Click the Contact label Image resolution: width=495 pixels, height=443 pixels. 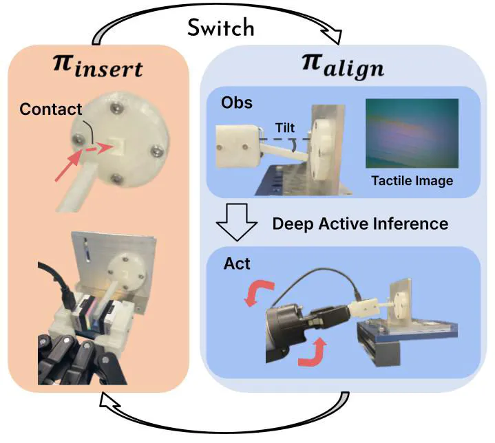pyautogui.click(x=50, y=109)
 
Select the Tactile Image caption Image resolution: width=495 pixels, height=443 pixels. pyautogui.click(x=412, y=181)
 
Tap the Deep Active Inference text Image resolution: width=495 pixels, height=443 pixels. pyautogui.click(x=360, y=224)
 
